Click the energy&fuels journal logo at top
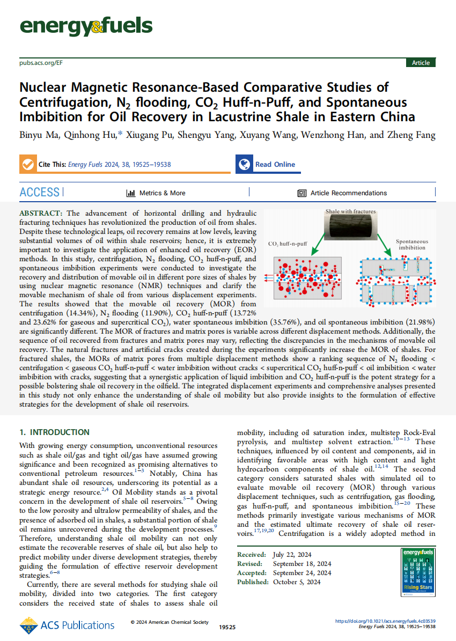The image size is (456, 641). (x=86, y=26)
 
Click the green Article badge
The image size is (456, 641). (x=421, y=63)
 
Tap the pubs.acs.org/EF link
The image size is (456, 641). (x=41, y=63)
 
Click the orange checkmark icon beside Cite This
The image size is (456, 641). (x=27, y=164)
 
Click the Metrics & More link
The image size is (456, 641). (x=156, y=193)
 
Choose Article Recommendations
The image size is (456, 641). (x=342, y=193)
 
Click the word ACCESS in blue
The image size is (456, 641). (x=39, y=193)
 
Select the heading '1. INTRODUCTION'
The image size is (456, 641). (x=54, y=432)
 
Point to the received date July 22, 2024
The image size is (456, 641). (x=293, y=555)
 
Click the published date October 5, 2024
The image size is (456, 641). (x=297, y=581)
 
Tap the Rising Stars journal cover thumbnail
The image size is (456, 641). (x=417, y=573)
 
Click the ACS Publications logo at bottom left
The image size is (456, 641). (x=67, y=625)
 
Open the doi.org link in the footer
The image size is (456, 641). (x=385, y=621)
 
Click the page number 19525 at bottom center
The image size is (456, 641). (x=227, y=627)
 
